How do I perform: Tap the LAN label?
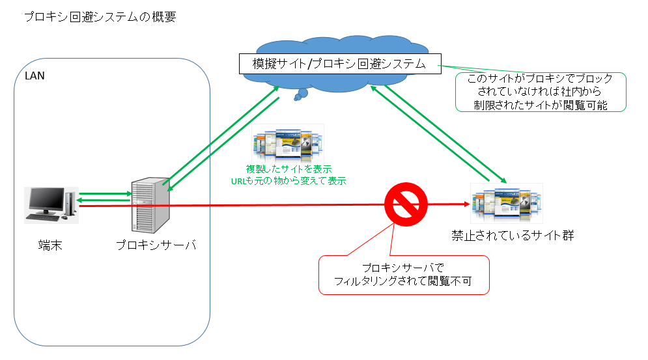coord(35,76)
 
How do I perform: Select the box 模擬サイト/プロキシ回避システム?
coord(339,64)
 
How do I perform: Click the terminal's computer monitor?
coord(45,200)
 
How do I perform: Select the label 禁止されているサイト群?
coord(513,235)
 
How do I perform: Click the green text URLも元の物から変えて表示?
coord(287,180)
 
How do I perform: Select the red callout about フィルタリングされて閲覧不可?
coord(403,275)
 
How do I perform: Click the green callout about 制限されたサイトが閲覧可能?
coord(540,92)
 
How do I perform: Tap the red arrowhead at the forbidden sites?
coord(466,204)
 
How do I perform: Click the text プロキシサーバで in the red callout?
coord(403,268)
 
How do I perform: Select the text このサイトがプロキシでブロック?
coord(541,79)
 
